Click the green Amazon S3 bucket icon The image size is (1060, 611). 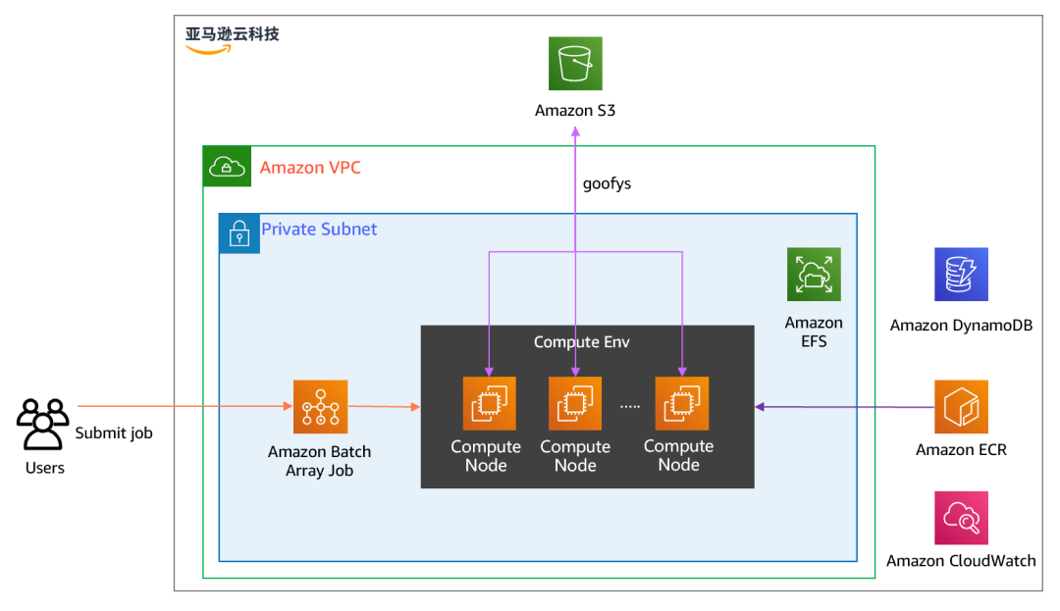click(575, 64)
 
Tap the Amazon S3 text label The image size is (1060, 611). click(575, 111)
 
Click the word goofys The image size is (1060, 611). click(607, 183)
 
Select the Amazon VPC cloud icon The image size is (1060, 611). click(227, 167)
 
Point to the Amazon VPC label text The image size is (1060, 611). click(310, 168)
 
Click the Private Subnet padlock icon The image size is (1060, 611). click(239, 233)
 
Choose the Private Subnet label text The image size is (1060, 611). click(319, 229)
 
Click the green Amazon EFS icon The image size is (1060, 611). click(814, 275)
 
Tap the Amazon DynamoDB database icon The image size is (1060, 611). click(961, 275)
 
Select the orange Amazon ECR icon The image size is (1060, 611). click(961, 407)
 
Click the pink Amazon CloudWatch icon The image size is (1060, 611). click(961, 518)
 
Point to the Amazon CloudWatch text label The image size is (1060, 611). click(961, 561)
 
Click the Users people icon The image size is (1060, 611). click(43, 424)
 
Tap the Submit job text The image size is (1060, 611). click(114, 433)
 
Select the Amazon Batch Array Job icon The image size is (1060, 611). click(320, 406)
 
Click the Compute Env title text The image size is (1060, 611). click(581, 342)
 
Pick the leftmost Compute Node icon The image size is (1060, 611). click(489, 403)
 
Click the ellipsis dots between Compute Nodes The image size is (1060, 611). click(631, 406)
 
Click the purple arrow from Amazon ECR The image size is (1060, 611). click(844, 406)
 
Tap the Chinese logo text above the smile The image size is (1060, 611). click(233, 33)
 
